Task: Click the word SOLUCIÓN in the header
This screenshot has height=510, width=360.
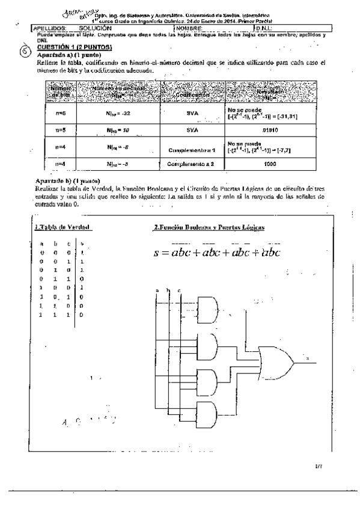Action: pyautogui.click(x=96, y=28)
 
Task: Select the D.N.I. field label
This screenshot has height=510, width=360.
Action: pyautogui.click(x=265, y=28)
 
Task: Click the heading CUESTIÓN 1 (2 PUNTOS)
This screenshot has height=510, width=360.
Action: pyautogui.click(x=72, y=46)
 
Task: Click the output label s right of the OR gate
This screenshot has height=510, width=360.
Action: pyautogui.click(x=308, y=359)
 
